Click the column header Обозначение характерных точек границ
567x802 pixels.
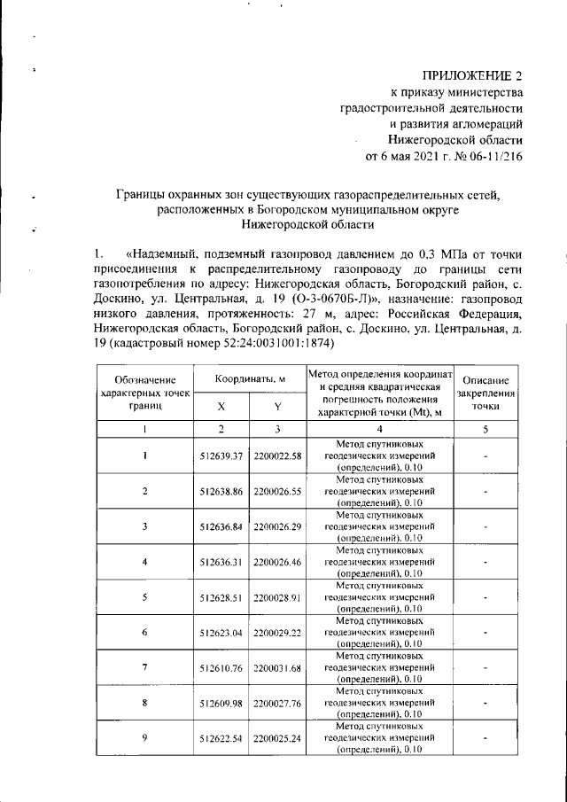click(x=144, y=393)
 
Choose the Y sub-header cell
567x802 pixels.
click(x=277, y=407)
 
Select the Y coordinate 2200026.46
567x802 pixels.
click(x=277, y=561)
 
